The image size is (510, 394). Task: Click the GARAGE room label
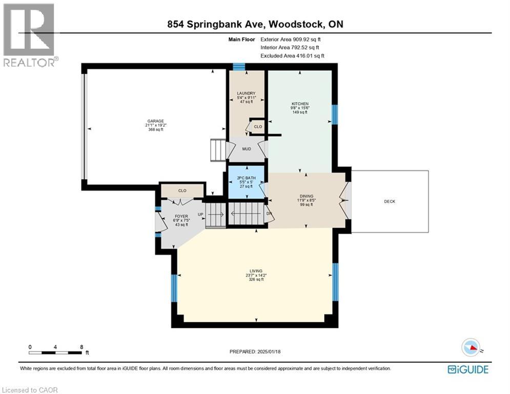point(155,122)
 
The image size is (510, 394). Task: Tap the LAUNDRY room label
point(246,93)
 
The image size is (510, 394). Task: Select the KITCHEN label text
point(299,104)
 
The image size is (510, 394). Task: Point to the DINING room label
point(307,195)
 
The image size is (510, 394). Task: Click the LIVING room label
point(256,270)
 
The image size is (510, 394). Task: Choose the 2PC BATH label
point(246,179)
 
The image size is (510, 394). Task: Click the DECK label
point(390,202)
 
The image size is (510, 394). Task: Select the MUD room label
point(246,148)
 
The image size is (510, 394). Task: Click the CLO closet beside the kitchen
point(257,127)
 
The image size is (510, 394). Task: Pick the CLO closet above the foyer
point(182,190)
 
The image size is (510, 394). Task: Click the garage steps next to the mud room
point(218,149)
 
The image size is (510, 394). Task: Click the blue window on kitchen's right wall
point(335,114)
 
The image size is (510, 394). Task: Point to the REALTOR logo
point(29,35)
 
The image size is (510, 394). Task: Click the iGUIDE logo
point(467,369)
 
